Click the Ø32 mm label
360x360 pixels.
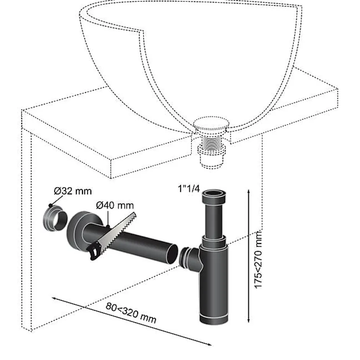coord(73,191)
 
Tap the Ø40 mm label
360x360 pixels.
coord(115,205)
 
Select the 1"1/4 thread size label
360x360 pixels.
coord(189,189)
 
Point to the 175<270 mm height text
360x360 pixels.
coord(258,259)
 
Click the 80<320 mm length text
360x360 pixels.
coord(131,313)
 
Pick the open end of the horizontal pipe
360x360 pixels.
coord(172,254)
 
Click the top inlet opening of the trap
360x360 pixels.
coord(214,192)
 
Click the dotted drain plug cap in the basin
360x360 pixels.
coord(211,124)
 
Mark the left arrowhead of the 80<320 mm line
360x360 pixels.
coord(54,298)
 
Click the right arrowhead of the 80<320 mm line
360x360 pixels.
coord(209,344)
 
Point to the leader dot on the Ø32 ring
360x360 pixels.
coord(50,205)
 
